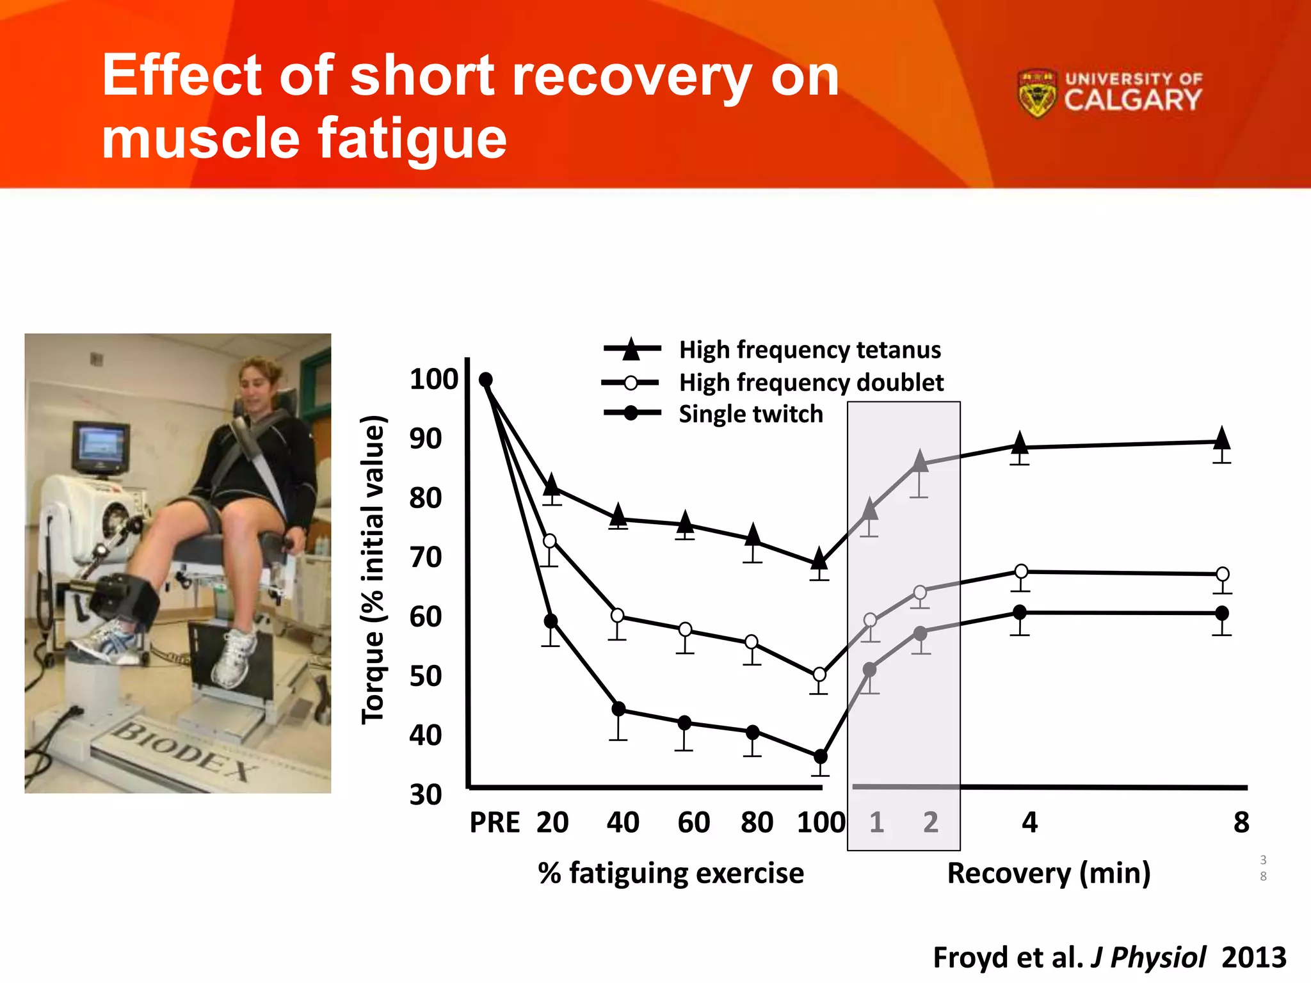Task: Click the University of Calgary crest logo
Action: coord(1036,94)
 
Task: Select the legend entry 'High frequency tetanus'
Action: coord(809,350)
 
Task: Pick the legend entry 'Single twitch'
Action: coord(750,414)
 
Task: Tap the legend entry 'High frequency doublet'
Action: coord(810,383)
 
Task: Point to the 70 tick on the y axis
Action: coord(426,557)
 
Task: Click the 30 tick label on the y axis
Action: coord(426,795)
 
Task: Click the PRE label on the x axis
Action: coord(495,822)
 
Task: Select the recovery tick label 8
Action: coord(1241,822)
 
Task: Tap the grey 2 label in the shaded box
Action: coord(930,822)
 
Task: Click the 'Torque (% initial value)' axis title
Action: coord(373,570)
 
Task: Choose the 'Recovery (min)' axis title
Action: coord(1049,873)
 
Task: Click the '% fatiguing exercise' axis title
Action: coord(671,873)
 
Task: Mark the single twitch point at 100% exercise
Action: coord(820,756)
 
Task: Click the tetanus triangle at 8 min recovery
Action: coord(1221,439)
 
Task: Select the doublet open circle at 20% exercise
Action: coord(549,541)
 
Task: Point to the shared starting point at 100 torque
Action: coord(486,380)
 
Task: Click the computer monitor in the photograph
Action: coord(101,446)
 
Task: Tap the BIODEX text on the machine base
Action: coord(182,751)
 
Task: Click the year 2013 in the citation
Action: coord(1253,957)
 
